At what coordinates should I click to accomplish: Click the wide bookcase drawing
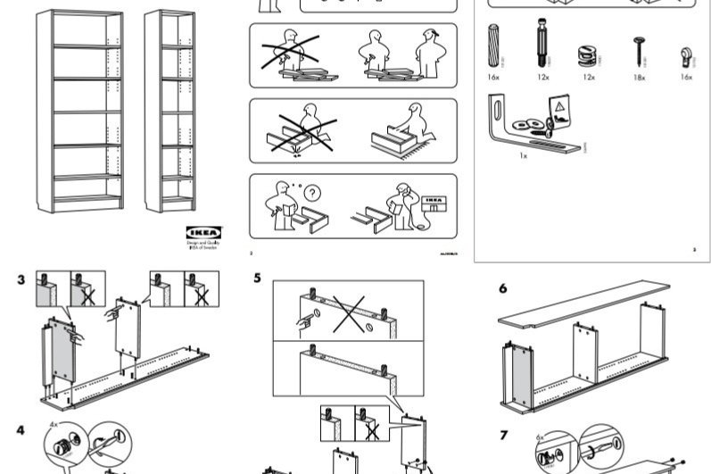click(x=79, y=112)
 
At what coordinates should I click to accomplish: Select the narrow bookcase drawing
click(x=169, y=112)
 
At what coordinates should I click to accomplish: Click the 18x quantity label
click(x=639, y=78)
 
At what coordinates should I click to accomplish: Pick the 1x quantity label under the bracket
click(x=524, y=155)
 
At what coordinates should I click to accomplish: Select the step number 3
click(x=21, y=279)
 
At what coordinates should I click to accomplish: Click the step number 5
click(x=258, y=279)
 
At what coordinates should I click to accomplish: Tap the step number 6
click(x=503, y=289)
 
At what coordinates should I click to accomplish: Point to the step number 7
click(x=503, y=435)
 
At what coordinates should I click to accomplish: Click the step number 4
click(x=21, y=430)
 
